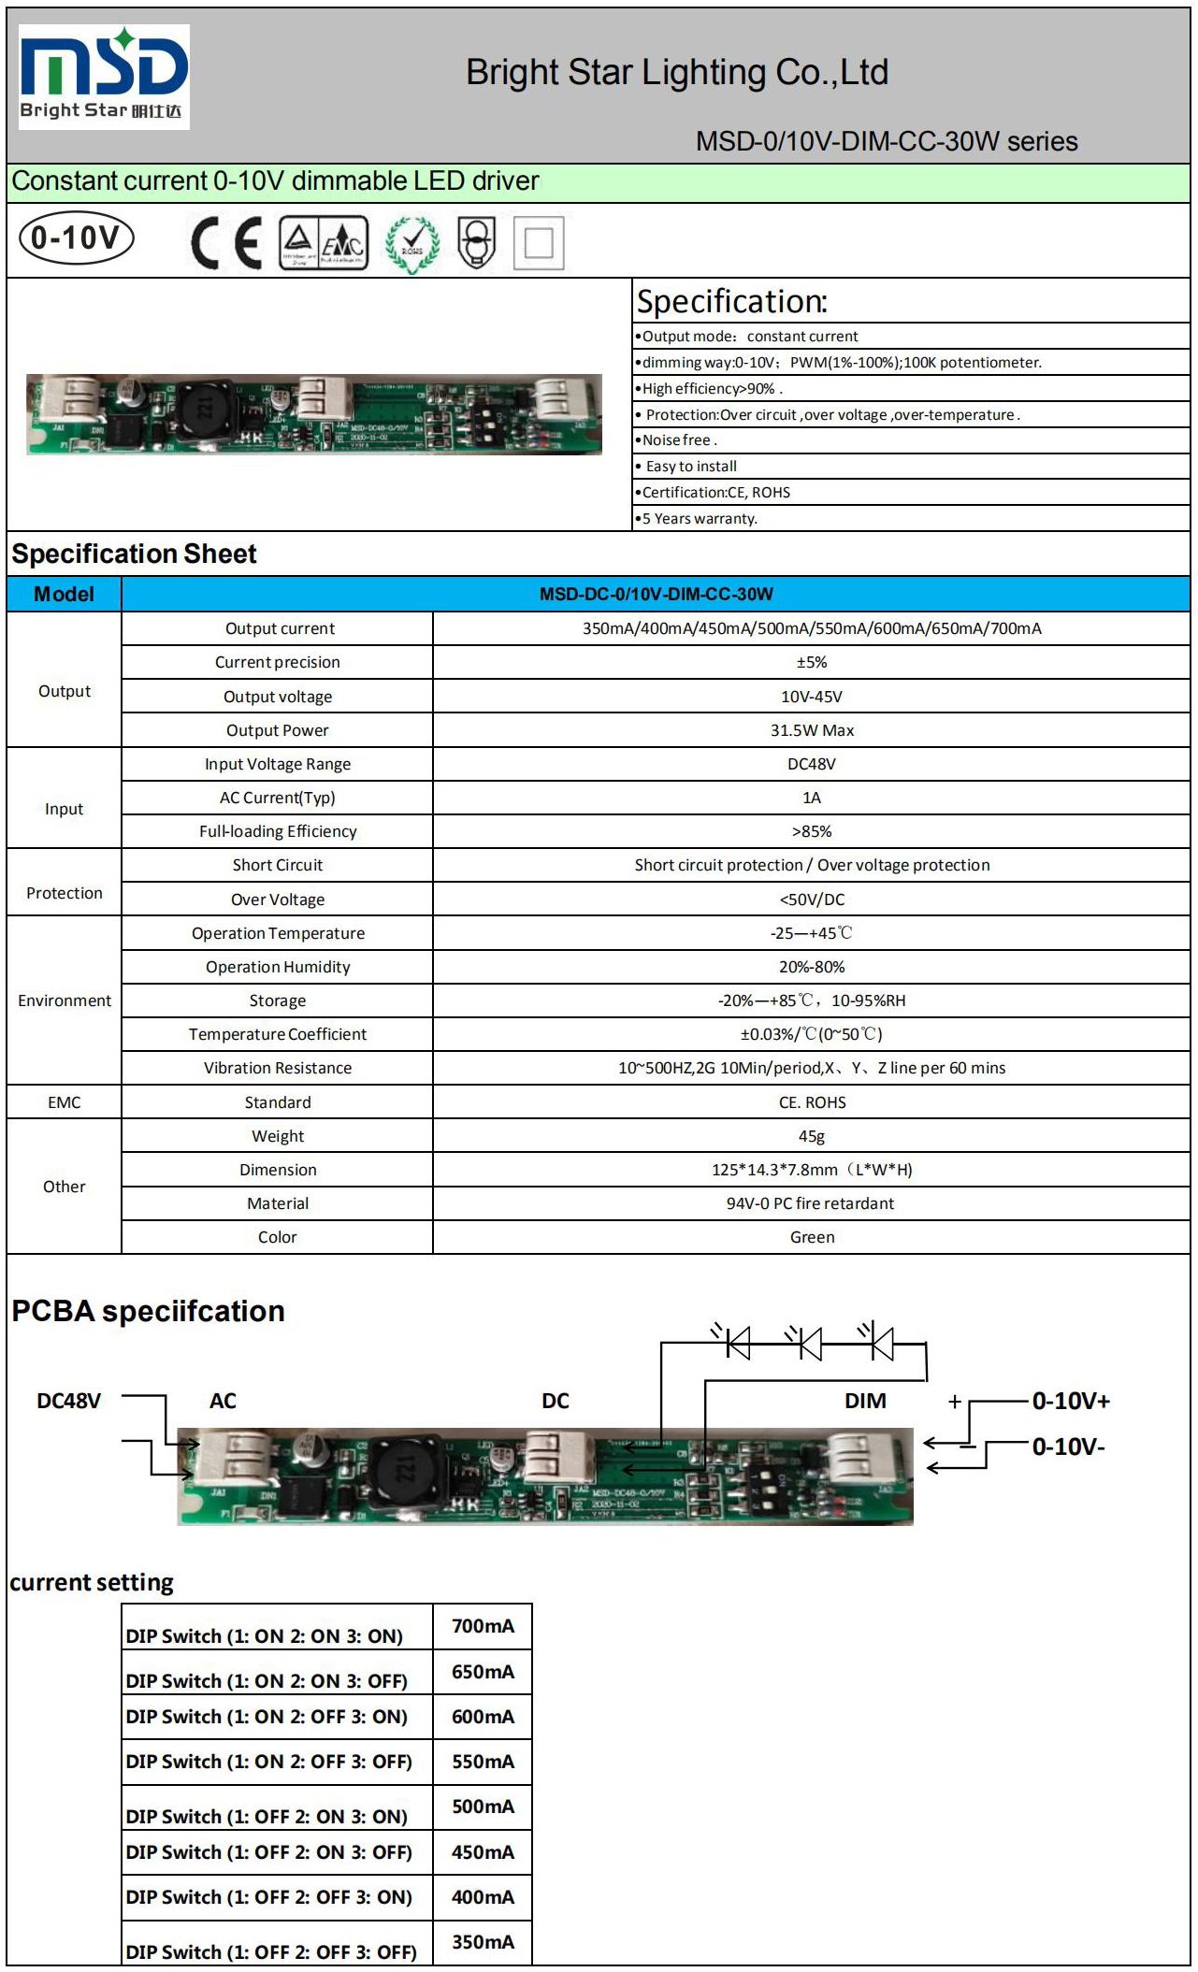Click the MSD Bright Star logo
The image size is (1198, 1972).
coord(104,77)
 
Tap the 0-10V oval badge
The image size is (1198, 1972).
coord(77,238)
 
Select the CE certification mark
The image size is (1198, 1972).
coord(225,243)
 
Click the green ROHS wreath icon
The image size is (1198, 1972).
coord(412,245)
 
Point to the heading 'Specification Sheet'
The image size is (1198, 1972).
coord(134,554)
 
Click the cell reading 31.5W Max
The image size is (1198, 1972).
coord(812,730)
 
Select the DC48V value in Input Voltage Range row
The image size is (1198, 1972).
coord(812,764)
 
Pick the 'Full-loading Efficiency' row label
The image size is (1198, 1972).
coord(278,831)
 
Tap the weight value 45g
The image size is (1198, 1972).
coord(812,1136)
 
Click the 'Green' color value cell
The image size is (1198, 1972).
coord(812,1237)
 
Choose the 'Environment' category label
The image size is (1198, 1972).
coord(65,1000)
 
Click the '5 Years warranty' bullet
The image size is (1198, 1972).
coord(700,519)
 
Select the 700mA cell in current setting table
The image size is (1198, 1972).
coord(483,1626)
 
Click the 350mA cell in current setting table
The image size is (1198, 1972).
coord(483,1942)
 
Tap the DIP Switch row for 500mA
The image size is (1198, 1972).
coord(267,1816)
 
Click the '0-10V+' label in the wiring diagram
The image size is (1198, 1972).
coord(1071,1401)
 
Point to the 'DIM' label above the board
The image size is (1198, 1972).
coord(865,1401)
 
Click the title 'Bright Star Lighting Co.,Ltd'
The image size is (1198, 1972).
coord(677,73)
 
